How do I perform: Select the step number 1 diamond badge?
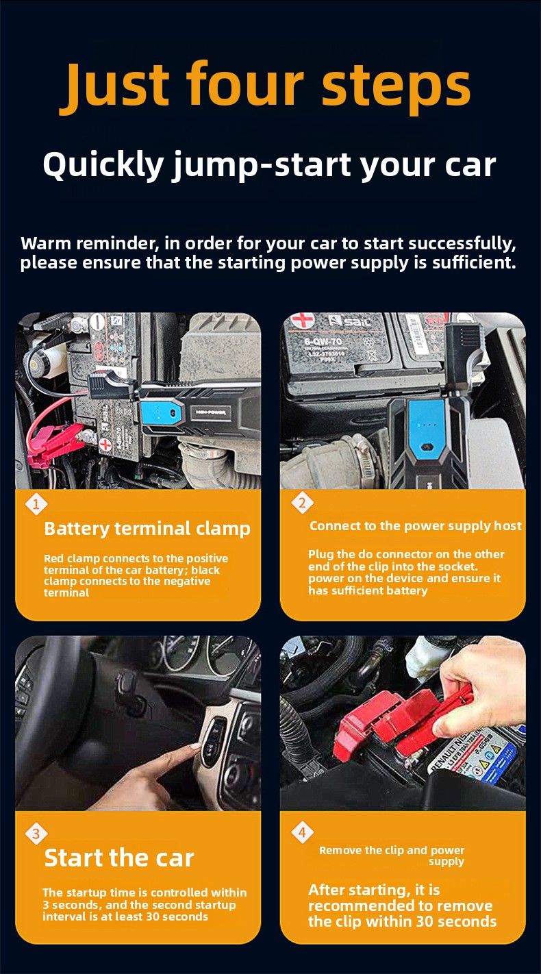[36, 504]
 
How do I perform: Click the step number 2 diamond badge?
[302, 503]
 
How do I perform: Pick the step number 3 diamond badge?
[36, 834]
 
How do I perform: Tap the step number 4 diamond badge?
[302, 832]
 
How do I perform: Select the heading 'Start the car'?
[119, 858]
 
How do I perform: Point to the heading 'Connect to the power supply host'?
[416, 526]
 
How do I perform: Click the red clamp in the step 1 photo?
[57, 444]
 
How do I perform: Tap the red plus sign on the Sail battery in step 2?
[303, 320]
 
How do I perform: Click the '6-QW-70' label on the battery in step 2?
[323, 342]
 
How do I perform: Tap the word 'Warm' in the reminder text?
[46, 244]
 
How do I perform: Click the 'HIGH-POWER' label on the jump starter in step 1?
[210, 412]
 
